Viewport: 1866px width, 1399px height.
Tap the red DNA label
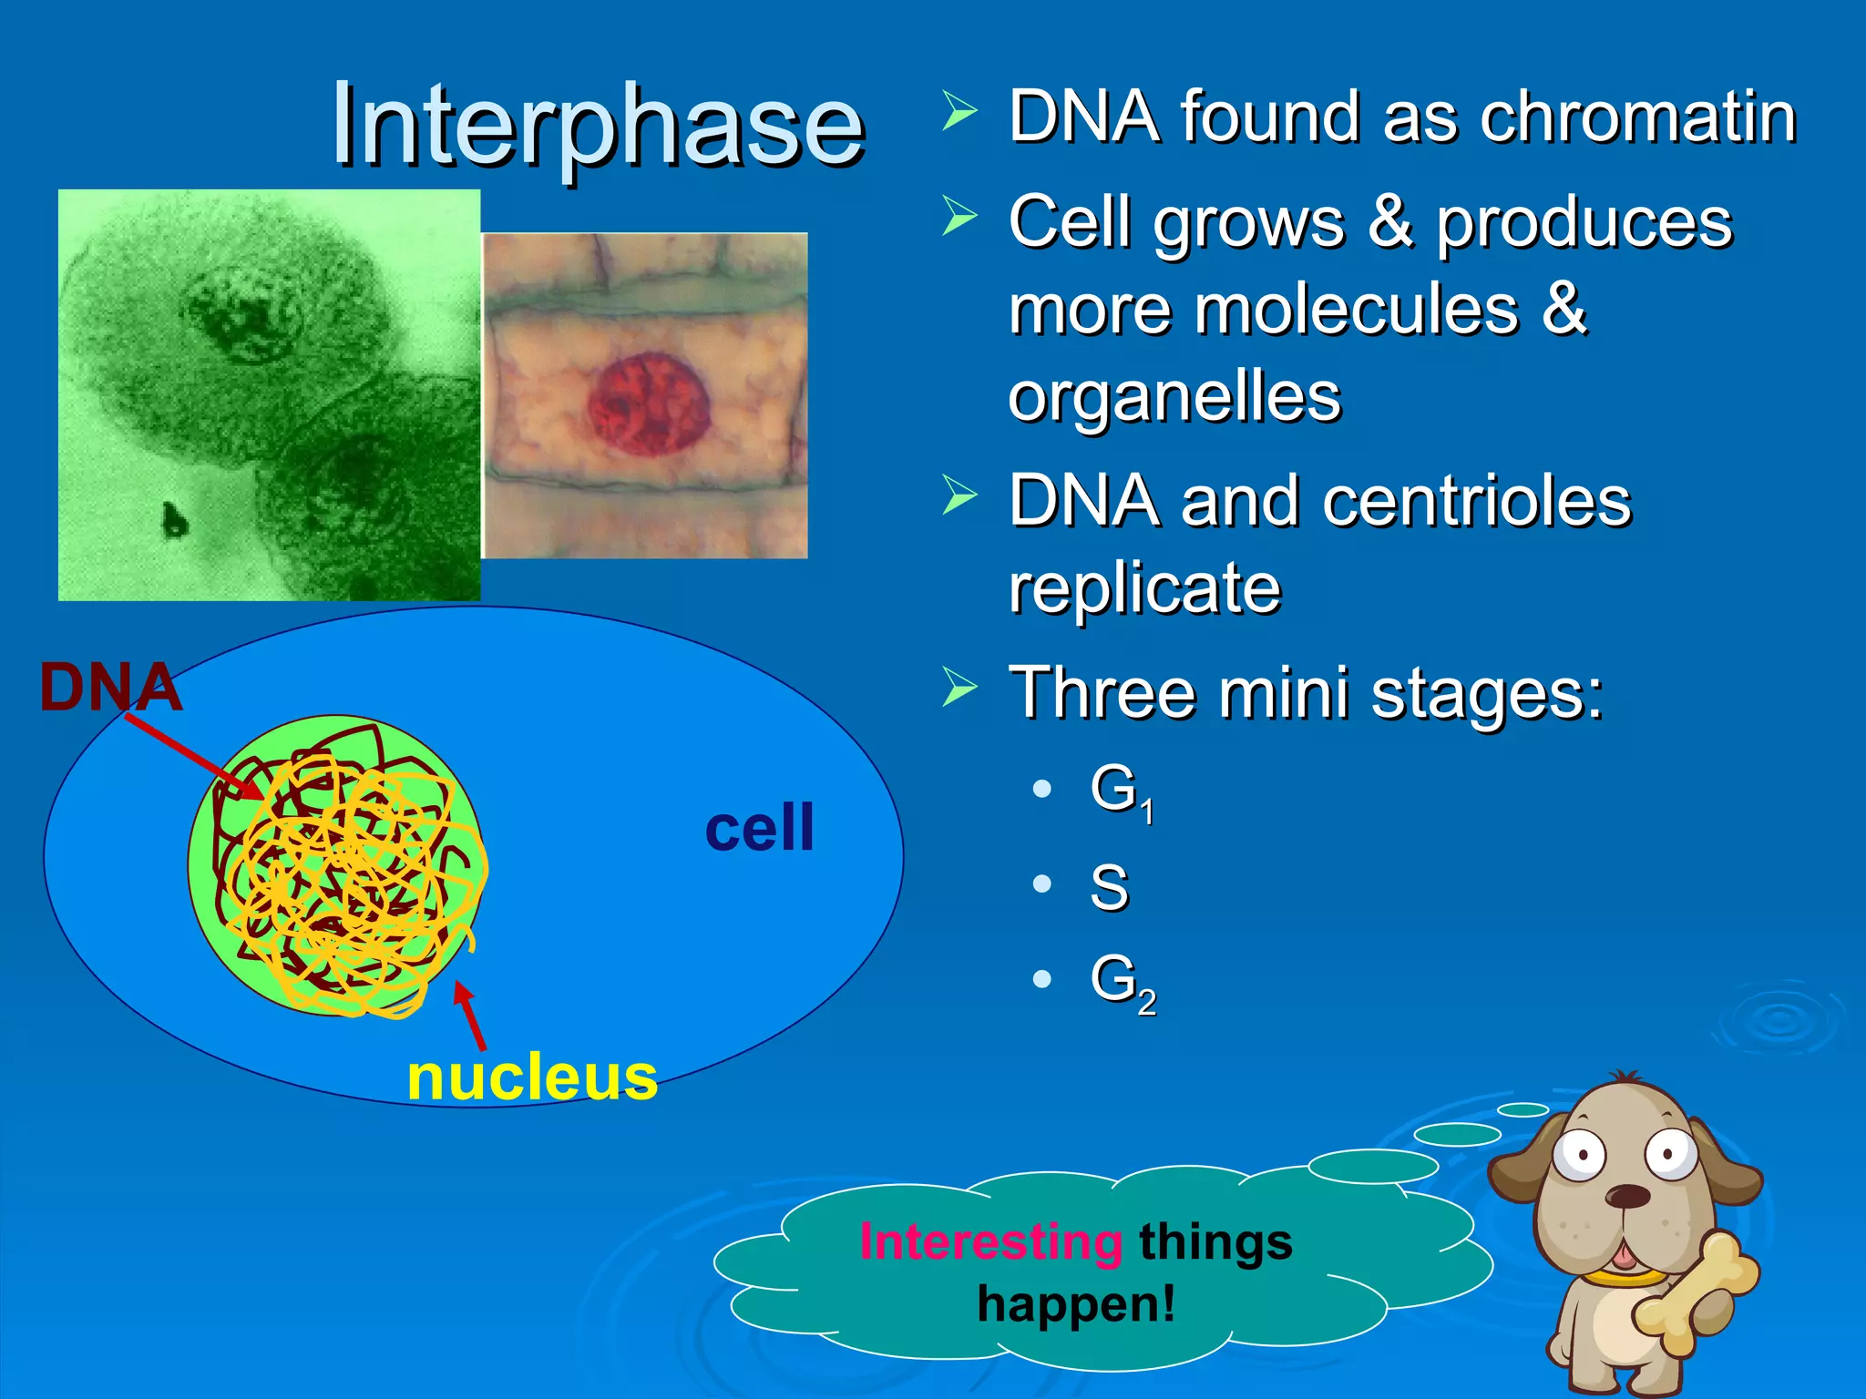[109, 687]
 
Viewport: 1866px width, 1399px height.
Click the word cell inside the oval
[759, 829]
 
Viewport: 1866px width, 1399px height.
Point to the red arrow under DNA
[191, 755]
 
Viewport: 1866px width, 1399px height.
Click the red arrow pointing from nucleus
[470, 1015]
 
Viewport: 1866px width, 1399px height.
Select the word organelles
[1174, 397]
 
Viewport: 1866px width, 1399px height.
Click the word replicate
[1144, 588]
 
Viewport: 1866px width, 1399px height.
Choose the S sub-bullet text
[1109, 887]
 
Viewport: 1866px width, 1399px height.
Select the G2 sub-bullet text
[1122, 982]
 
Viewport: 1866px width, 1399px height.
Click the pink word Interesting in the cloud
[990, 1242]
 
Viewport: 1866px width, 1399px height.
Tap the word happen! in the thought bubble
[1076, 1304]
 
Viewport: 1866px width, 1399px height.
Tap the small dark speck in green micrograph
[173, 519]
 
